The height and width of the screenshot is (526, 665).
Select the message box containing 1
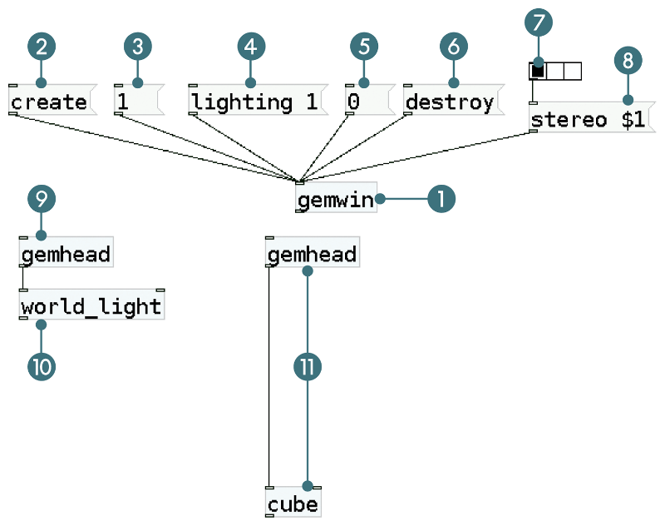135,102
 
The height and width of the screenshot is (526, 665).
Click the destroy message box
450,102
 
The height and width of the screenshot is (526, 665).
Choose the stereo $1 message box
589,120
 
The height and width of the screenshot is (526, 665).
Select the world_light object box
91,307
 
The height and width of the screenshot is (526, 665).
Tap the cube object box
293,504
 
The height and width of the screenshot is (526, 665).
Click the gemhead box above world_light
66,254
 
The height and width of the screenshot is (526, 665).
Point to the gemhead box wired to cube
312,254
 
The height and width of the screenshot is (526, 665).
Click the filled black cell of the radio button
538,72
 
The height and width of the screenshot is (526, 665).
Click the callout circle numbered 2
41,47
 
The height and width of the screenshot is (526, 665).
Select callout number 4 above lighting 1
250,47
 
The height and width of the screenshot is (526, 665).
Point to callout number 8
628,60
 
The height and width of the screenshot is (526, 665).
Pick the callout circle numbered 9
41,198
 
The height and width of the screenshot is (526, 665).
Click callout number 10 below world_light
41,365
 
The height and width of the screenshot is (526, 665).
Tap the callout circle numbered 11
308,366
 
